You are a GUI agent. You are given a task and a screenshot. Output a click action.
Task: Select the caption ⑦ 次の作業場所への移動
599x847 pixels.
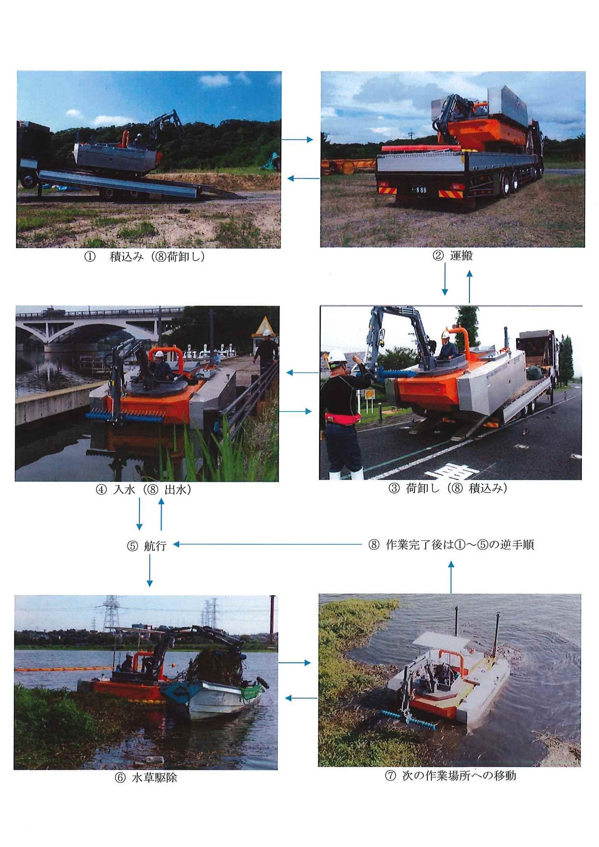[450, 775]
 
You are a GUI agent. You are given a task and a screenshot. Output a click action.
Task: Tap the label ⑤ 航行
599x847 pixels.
[147, 546]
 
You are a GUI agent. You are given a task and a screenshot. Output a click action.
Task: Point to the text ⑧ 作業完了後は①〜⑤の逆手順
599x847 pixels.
[451, 544]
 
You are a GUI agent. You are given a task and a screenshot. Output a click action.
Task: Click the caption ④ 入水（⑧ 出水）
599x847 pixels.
[143, 490]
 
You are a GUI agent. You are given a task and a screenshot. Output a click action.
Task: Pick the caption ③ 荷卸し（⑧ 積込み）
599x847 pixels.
[448, 488]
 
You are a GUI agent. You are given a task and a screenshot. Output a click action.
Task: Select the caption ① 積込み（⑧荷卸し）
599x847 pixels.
[145, 257]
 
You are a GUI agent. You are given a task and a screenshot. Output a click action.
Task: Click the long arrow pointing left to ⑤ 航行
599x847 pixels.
[267, 544]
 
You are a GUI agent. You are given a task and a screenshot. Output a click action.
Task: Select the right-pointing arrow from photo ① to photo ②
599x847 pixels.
[297, 140]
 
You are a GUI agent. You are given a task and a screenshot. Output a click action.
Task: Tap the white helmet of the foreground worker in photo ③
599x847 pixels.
[337, 355]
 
